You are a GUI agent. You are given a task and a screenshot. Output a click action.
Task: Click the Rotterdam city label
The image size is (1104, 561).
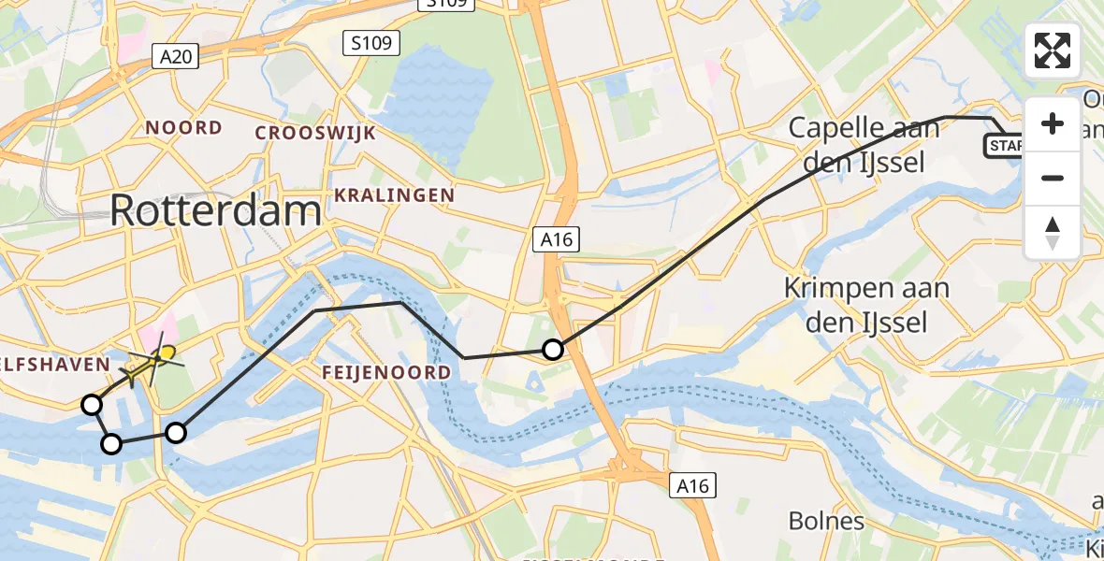tap(215, 210)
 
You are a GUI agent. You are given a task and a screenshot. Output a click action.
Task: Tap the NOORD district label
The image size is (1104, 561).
tap(183, 128)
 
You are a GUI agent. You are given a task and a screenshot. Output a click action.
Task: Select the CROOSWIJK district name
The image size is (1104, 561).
tap(315, 133)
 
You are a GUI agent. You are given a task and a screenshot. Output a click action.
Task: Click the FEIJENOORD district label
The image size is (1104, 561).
tap(385, 372)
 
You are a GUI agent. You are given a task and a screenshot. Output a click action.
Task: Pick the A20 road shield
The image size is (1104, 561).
tap(176, 58)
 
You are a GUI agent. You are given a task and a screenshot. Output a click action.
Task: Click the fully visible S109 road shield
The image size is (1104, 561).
tap(371, 43)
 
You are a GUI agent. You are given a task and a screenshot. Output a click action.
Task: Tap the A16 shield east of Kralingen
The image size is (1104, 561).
tap(558, 240)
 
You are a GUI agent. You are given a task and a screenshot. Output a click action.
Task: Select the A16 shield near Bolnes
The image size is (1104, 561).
tap(693, 485)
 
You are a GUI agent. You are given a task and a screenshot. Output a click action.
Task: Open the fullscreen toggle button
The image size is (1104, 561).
tap(1053, 50)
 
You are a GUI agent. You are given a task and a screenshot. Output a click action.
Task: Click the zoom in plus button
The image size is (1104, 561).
tap(1053, 123)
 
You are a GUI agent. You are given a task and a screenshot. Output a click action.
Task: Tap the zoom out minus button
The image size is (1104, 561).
tap(1053, 178)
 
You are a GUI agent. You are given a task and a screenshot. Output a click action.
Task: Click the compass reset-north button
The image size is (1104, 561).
tap(1053, 232)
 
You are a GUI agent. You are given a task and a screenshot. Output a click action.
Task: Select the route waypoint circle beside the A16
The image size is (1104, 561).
tap(553, 350)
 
